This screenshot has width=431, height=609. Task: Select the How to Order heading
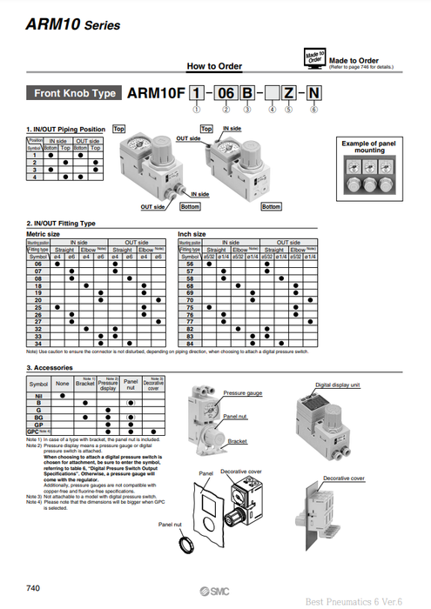(214, 66)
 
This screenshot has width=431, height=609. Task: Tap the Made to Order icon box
(314, 57)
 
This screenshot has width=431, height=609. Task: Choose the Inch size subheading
(192, 233)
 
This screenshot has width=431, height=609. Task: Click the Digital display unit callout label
(339, 384)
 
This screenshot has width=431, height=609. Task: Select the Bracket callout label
(238, 441)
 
